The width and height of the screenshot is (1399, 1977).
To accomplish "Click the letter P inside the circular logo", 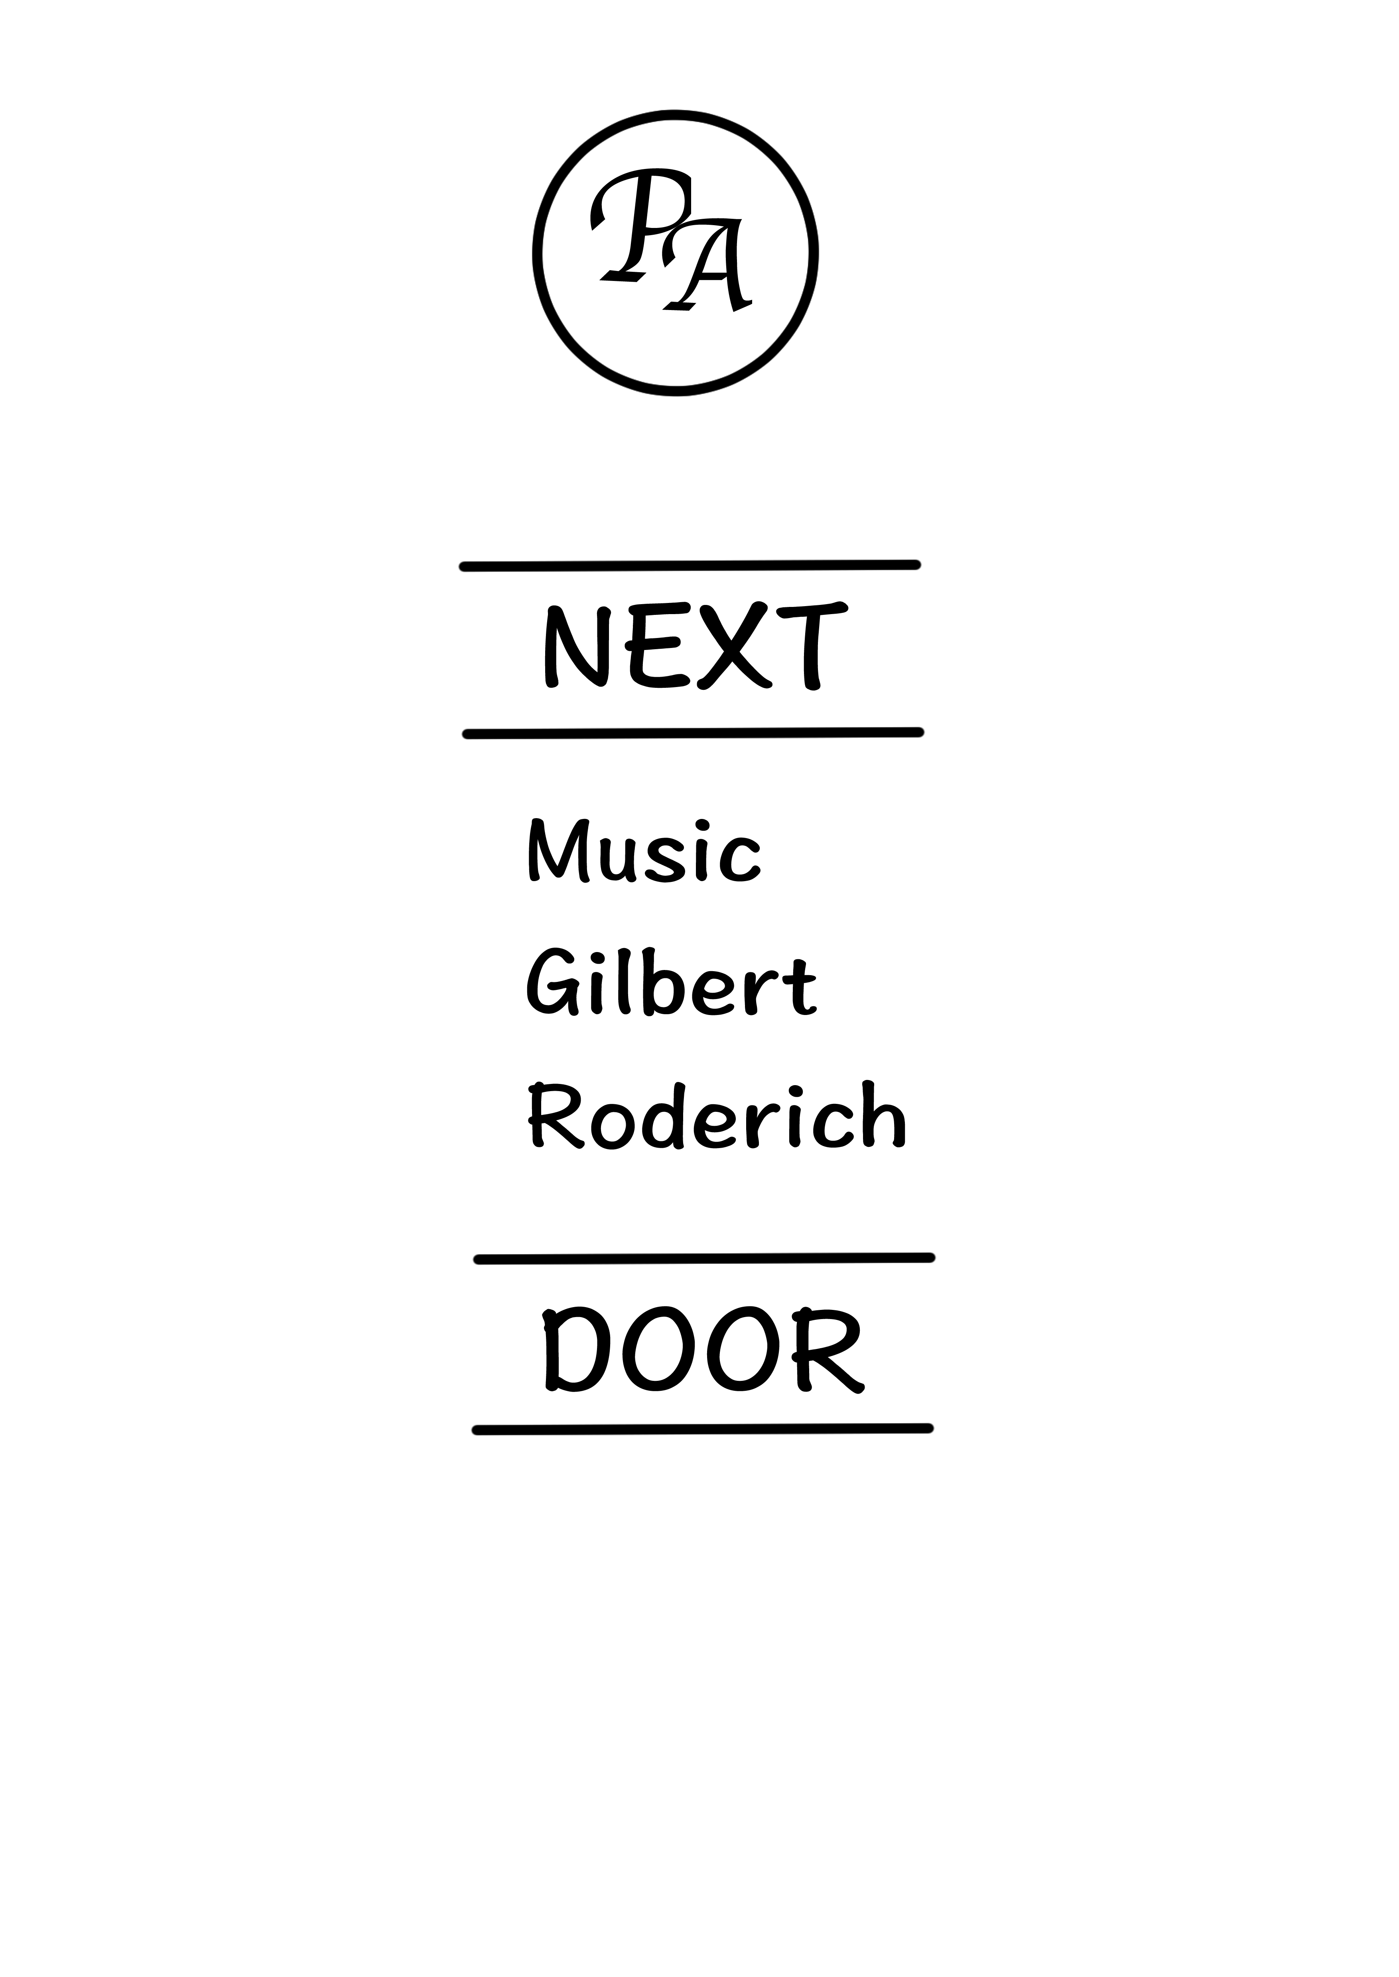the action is (x=639, y=226).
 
